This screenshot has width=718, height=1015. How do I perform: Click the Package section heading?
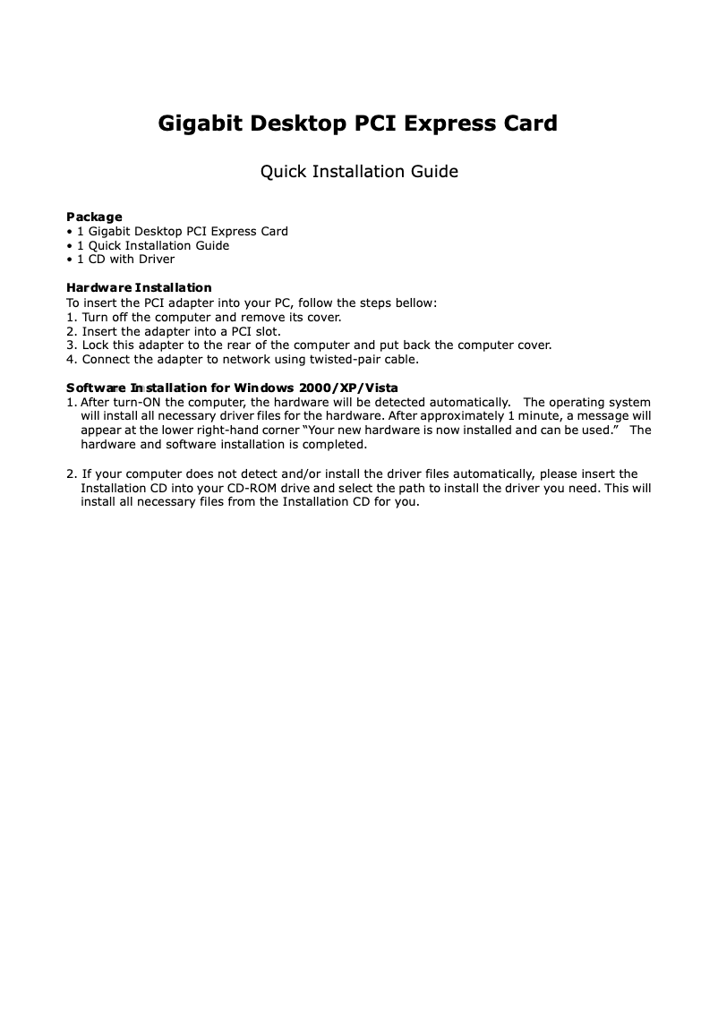pyautogui.click(x=94, y=217)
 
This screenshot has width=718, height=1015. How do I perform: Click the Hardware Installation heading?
pyautogui.click(x=139, y=287)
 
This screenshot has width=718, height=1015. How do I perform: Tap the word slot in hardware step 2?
pyautogui.click(x=266, y=331)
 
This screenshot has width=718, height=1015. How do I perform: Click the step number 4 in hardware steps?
pyautogui.click(x=71, y=359)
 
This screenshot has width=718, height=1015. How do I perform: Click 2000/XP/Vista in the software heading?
pyautogui.click(x=348, y=388)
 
